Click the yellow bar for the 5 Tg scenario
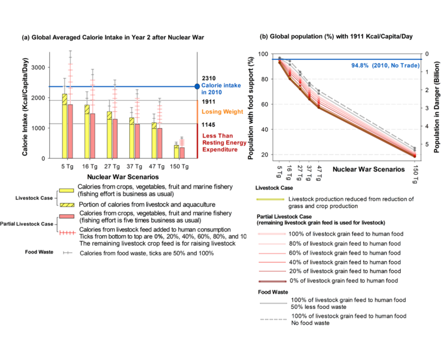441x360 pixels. point(64,126)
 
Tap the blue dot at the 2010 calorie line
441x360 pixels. point(197,86)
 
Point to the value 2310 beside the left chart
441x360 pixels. point(209,79)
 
